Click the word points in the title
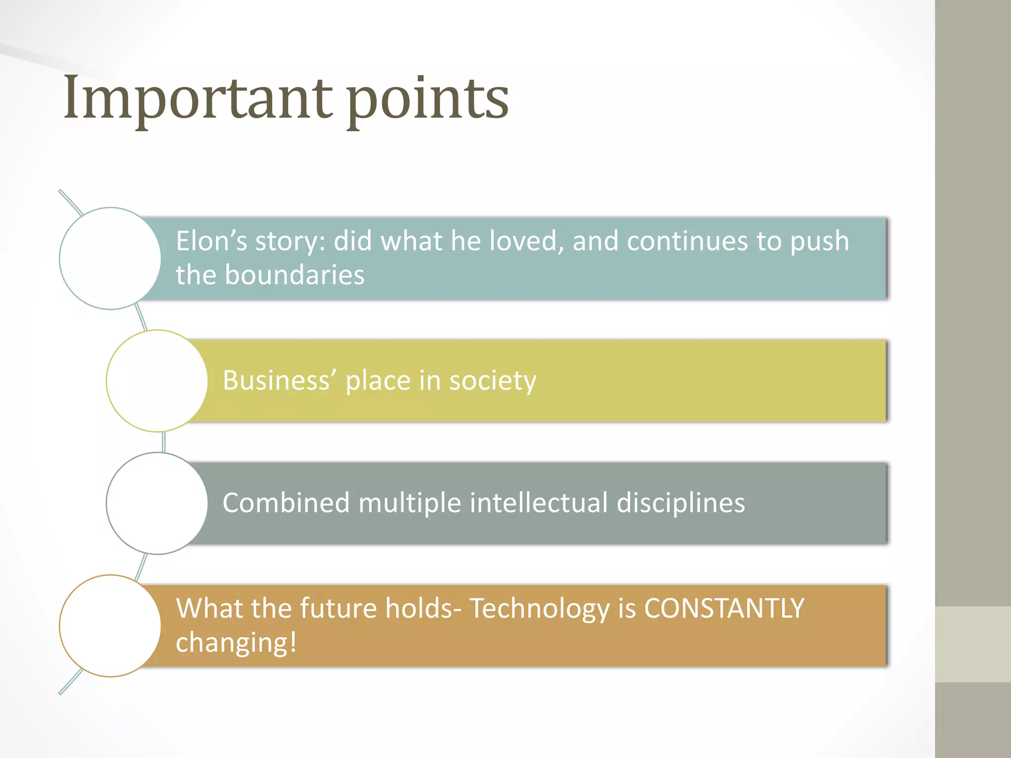[427, 101]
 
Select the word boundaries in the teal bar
[294, 275]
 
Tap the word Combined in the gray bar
[286, 503]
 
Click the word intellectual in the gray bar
[539, 503]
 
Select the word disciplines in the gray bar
[681, 504]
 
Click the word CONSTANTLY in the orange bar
[724, 608]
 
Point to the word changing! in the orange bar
[236, 643]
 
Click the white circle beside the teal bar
[110, 259]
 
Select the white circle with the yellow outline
[157, 381]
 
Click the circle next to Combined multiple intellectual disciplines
[157, 503]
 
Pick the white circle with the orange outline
[110, 626]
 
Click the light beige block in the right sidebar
[972, 644]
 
